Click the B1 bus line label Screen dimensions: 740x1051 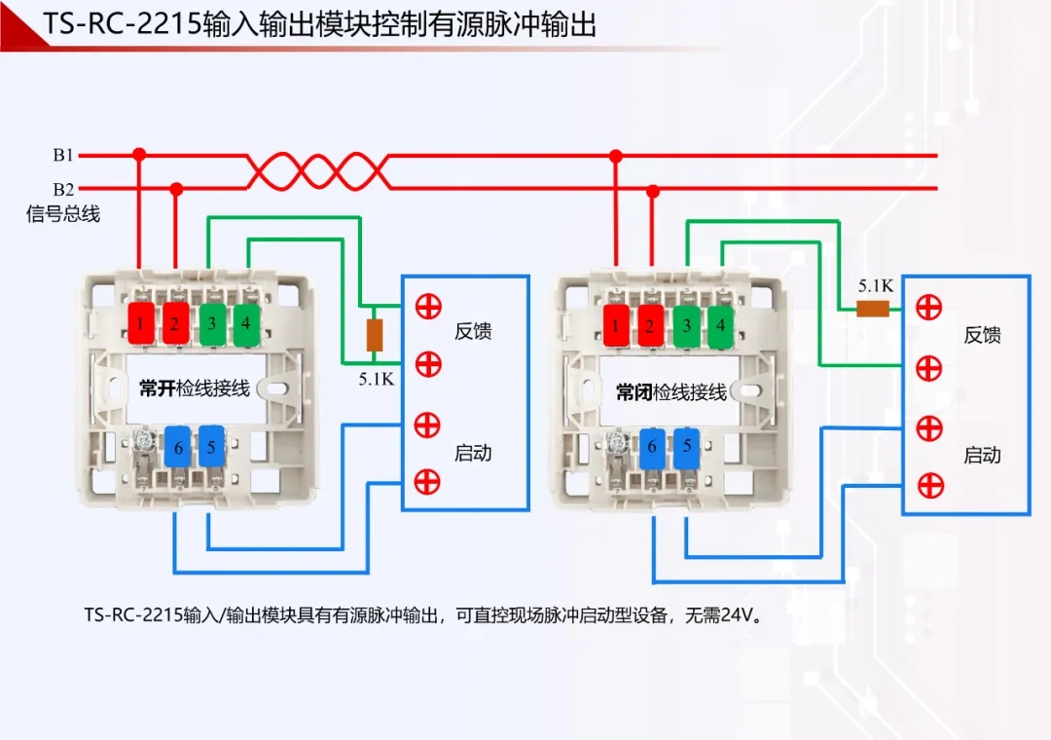tap(63, 155)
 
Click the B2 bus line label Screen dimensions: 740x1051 tap(63, 189)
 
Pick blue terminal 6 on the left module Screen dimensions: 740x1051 tap(178, 449)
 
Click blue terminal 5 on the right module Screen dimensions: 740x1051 tap(687, 447)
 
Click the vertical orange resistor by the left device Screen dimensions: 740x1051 tap(374, 335)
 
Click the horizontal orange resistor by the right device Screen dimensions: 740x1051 tap(874, 309)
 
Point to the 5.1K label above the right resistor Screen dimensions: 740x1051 tap(875, 286)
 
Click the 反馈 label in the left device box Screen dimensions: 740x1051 tap(473, 331)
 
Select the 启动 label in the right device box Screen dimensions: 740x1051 tap(982, 455)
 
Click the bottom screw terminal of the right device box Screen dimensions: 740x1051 tap(929, 484)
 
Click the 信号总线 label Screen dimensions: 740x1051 tap(63, 214)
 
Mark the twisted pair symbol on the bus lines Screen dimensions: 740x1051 tap(317, 171)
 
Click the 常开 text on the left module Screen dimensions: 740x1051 tap(156, 388)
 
